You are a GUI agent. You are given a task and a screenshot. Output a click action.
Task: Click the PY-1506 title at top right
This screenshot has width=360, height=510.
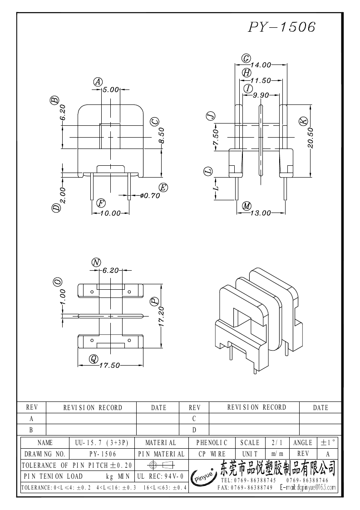point(281,27)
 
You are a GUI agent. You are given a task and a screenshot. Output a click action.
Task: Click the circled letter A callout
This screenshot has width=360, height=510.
point(98,82)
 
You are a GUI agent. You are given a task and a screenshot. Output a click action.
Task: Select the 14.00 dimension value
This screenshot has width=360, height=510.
point(261,65)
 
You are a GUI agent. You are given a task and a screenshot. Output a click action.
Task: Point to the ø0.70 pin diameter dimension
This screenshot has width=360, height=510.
point(150,196)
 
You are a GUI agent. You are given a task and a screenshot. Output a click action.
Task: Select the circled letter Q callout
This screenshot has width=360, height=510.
point(94,359)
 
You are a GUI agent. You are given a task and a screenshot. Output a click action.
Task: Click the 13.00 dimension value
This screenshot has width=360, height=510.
point(261,213)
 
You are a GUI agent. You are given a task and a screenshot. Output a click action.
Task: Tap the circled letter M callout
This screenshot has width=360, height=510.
point(247,206)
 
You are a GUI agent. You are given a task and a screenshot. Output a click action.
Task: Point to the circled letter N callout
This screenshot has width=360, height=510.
point(96,262)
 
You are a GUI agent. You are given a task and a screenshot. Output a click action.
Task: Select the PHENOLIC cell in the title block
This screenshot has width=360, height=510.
point(212,442)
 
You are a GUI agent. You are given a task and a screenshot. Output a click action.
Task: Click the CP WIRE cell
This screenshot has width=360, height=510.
point(212,454)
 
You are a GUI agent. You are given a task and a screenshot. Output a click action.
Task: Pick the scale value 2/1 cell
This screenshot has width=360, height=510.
point(276,442)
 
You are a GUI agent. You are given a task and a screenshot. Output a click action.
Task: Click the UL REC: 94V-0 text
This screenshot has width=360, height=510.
point(159,476)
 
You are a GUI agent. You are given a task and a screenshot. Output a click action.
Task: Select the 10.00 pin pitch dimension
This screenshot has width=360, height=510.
point(110,213)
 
